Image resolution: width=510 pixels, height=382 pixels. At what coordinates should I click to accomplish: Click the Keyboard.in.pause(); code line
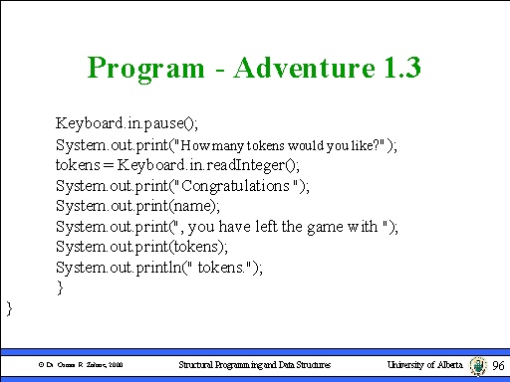pos(127,123)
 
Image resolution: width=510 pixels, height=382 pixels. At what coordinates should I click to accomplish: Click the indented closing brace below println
pos(60,287)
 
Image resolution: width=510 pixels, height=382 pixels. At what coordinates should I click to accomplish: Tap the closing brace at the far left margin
pos(10,308)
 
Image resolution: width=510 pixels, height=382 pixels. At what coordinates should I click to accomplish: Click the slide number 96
pos(499,366)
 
